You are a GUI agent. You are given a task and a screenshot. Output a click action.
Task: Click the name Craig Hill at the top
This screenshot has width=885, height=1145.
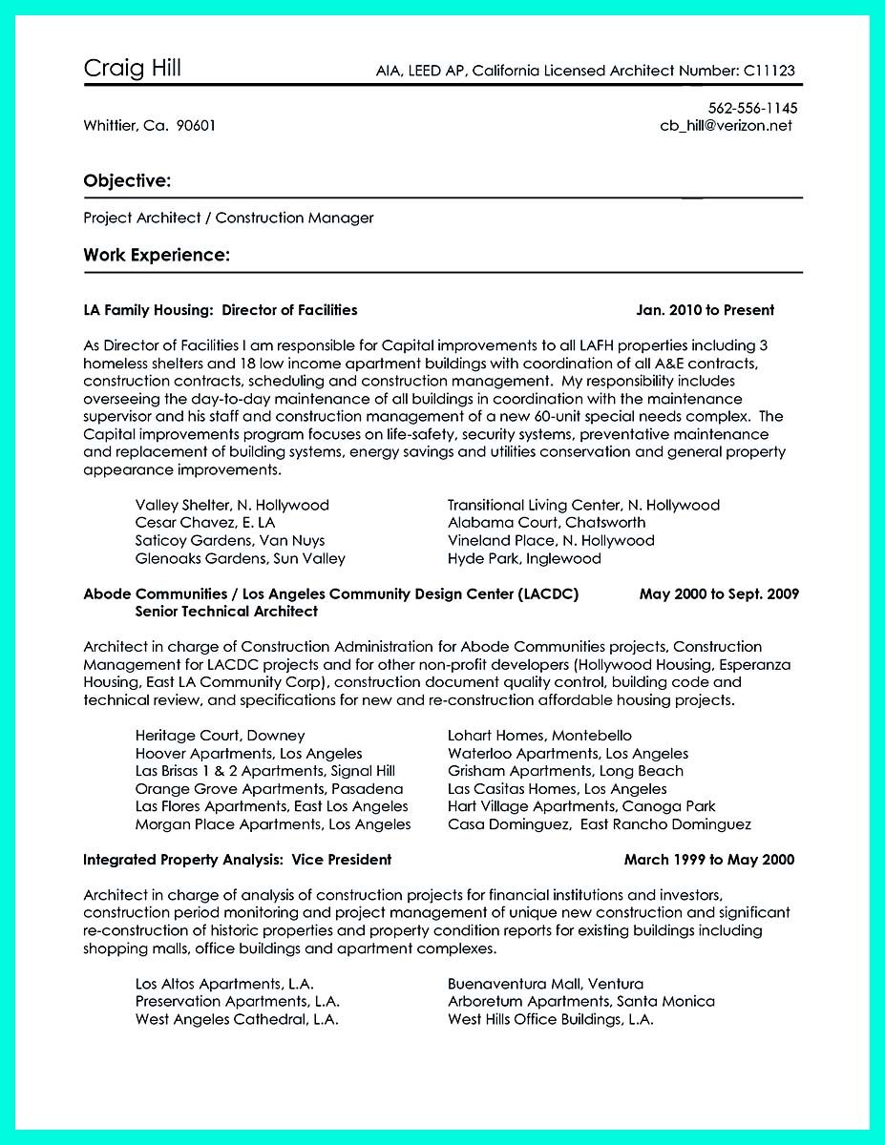tap(132, 68)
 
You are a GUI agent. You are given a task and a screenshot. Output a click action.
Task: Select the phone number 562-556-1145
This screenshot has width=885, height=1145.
tap(752, 108)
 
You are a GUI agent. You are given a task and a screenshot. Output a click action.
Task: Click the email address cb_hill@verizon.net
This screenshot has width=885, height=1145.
tap(726, 125)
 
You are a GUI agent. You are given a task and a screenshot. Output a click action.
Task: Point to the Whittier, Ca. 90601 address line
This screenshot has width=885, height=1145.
tap(149, 125)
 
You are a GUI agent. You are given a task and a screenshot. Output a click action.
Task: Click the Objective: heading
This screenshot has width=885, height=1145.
tap(127, 180)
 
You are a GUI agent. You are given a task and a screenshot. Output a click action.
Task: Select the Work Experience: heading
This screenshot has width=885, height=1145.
tap(156, 255)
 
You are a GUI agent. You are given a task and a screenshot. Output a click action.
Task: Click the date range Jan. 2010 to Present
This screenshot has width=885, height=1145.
tap(705, 310)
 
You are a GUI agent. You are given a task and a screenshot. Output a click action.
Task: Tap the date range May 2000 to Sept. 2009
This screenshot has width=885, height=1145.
tap(718, 593)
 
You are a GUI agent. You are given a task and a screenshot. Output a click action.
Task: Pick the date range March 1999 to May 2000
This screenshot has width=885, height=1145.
tap(708, 860)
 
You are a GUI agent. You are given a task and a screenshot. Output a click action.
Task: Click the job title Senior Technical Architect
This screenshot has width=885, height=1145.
tap(226, 611)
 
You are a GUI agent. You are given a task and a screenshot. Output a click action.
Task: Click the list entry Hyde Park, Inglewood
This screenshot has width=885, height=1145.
tap(524, 558)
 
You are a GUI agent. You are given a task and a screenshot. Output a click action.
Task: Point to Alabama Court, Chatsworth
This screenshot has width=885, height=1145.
tap(546, 523)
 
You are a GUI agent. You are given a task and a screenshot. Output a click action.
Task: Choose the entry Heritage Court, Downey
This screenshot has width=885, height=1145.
tap(220, 736)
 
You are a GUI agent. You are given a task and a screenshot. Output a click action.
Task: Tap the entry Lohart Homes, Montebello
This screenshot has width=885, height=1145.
tap(539, 736)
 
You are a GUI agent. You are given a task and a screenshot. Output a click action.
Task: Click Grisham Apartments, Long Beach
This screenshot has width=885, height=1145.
tap(565, 771)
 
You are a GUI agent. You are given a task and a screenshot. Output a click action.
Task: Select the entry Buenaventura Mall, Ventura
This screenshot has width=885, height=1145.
tap(545, 984)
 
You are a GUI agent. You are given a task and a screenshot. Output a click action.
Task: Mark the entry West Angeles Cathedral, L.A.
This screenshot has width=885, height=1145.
tap(237, 1019)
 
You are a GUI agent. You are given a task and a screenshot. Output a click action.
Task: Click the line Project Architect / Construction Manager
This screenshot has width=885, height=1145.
tap(228, 218)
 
